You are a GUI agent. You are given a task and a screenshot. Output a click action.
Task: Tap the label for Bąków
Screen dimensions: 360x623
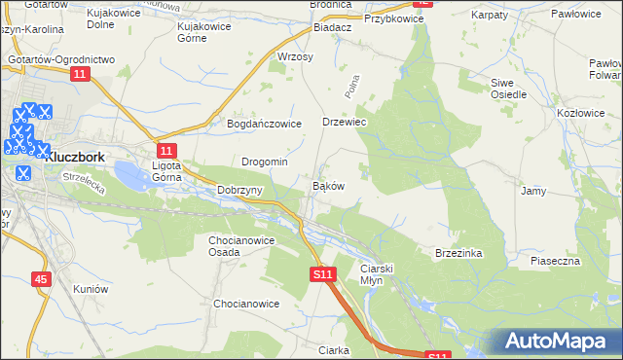coord(326,185)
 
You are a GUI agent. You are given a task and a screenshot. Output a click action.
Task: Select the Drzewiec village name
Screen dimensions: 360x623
coord(343,123)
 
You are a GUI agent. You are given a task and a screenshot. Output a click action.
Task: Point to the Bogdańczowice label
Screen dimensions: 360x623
coord(264,124)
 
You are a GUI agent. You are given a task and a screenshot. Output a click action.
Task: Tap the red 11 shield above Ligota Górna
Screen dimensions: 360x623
coord(166,150)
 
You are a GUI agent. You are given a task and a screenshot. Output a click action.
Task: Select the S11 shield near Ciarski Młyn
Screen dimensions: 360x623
coord(324,275)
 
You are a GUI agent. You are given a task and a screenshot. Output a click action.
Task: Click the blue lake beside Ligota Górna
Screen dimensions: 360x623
coord(132,176)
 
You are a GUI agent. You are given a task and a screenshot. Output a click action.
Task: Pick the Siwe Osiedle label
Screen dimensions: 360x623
coord(508,89)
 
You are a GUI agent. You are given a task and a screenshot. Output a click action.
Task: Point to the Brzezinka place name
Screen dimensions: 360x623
coord(459,253)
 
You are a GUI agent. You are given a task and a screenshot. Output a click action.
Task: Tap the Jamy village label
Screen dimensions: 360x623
coord(532,191)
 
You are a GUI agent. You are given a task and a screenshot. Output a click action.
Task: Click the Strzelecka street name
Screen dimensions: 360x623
coord(83,184)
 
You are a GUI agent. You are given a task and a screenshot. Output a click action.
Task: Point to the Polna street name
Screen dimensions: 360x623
coord(351,89)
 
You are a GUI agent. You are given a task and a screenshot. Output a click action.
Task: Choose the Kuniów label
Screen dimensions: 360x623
coord(89,289)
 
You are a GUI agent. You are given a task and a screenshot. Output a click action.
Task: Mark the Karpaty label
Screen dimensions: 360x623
coord(490,17)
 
